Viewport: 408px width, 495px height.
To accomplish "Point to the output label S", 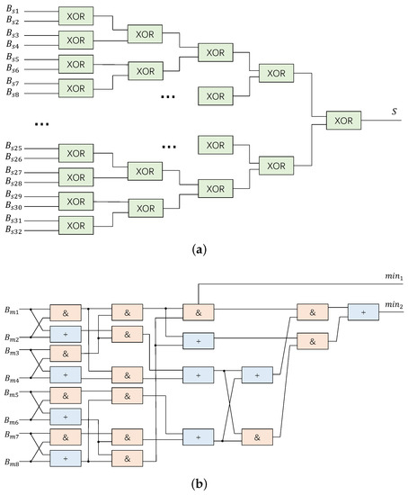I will (x=392, y=111).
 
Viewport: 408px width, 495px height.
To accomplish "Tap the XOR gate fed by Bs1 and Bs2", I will (x=75, y=15).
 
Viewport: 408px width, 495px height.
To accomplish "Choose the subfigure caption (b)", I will (x=203, y=486).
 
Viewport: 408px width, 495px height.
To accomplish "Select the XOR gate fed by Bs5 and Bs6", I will (x=75, y=64).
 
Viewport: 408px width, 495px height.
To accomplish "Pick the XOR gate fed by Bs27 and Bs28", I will (x=75, y=176).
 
